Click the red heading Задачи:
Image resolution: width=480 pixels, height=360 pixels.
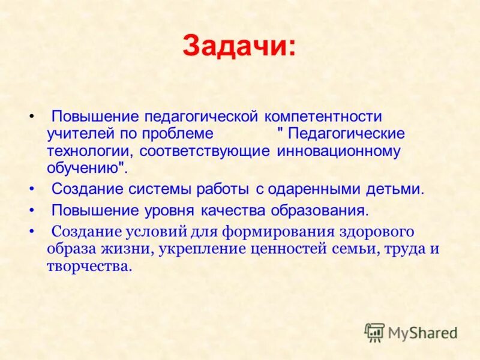point(239,46)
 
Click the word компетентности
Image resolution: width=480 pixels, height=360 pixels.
point(323,115)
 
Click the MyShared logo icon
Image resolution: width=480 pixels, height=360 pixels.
point(374,332)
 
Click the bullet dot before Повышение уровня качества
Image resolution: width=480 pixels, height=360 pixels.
point(31,211)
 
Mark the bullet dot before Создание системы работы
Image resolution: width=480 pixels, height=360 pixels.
point(31,190)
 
